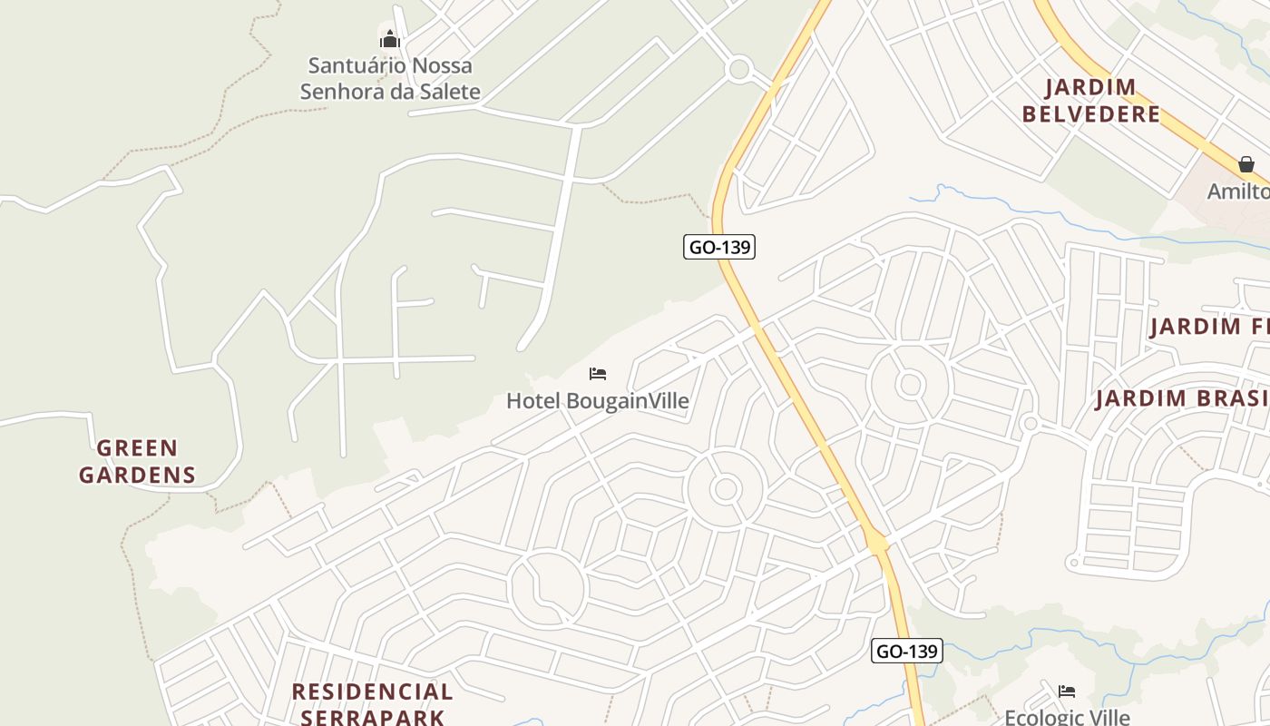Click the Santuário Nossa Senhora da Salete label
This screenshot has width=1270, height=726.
390,78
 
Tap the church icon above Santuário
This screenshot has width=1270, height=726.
390,39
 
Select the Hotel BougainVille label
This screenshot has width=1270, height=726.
597,400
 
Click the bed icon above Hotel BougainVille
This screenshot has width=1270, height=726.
597,374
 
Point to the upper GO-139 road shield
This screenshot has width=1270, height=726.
719,247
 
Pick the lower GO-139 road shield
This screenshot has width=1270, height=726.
907,651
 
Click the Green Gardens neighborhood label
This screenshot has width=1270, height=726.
137,461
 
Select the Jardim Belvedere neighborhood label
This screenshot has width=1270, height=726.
1091,101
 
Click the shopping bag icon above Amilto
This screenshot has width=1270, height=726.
1246,164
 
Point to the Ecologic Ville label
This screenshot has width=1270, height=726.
1067,717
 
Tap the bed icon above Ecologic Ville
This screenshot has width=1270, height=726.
1067,692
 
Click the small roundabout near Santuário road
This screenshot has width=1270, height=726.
739,68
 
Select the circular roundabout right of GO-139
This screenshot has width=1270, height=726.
910,385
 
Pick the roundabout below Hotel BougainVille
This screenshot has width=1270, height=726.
725,490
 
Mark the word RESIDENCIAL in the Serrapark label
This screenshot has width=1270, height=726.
372,692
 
